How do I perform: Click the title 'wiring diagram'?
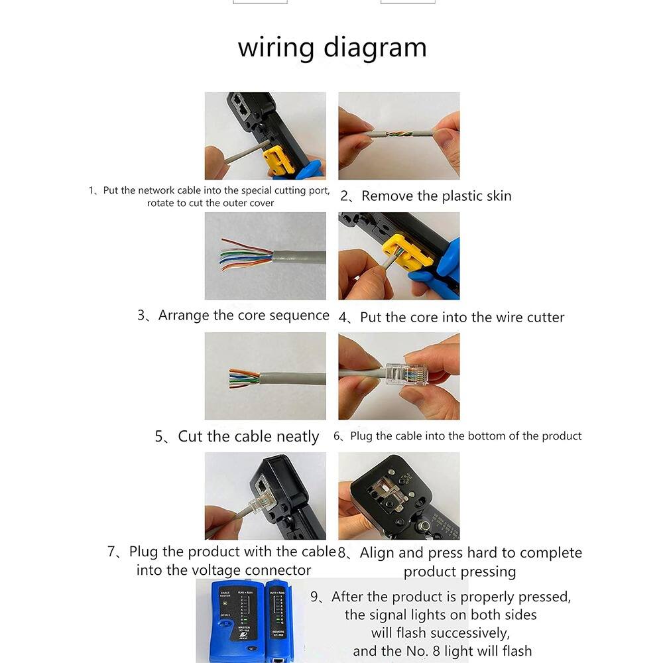[x=332, y=48]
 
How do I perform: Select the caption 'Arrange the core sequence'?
[x=243, y=315]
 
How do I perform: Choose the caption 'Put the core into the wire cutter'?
[x=461, y=318]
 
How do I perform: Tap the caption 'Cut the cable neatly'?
[x=248, y=436]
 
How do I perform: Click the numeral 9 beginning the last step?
[x=315, y=597]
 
